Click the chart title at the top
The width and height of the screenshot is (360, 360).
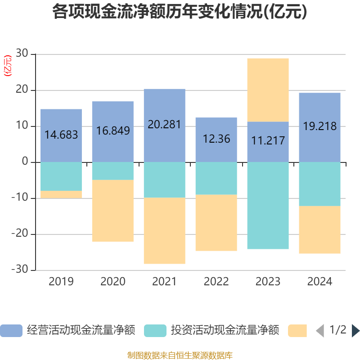point(180,12)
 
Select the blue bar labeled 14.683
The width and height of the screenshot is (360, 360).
point(61,121)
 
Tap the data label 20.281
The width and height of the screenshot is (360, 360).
point(164,125)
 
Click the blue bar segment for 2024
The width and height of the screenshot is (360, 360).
point(319,108)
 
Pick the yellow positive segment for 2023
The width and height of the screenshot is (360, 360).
point(268,90)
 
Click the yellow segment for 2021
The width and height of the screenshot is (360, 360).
point(164,231)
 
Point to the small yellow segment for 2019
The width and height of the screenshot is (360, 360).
point(61,194)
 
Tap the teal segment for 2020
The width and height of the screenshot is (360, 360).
point(112,171)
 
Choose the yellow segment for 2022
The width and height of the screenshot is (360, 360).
point(216,223)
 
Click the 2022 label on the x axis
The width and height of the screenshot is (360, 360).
point(216,282)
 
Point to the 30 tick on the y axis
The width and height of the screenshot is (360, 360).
point(22,54)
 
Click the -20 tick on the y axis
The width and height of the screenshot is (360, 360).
point(20,234)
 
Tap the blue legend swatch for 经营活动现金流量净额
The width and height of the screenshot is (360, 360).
point(11,331)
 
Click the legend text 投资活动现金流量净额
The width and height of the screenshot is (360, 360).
point(225,331)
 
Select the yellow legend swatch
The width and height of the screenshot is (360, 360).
point(297,331)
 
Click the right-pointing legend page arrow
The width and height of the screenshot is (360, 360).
point(355,331)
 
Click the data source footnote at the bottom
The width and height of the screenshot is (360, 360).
point(180,355)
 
